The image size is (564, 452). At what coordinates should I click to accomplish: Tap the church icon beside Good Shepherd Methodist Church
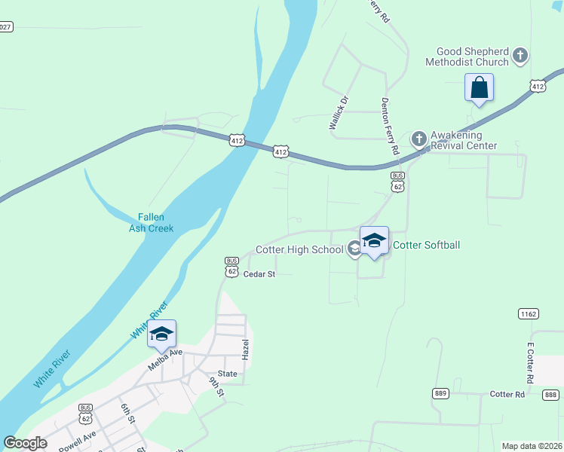520,55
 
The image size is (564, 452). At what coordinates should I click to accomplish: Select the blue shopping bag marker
479,87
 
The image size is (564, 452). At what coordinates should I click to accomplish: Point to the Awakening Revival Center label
464,141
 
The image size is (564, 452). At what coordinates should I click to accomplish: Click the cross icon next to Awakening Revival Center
418,139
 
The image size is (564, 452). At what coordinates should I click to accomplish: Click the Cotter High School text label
299,249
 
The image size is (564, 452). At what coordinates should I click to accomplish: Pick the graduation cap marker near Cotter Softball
374,241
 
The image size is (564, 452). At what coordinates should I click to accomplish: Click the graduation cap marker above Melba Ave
161,334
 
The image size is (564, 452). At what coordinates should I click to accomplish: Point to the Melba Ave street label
165,357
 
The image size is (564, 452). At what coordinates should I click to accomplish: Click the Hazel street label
244,348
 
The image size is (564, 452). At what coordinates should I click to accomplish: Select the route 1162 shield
528,313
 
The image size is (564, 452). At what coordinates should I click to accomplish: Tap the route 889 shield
442,393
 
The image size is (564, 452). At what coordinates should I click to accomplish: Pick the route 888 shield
550,395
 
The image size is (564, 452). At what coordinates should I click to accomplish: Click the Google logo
25,443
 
